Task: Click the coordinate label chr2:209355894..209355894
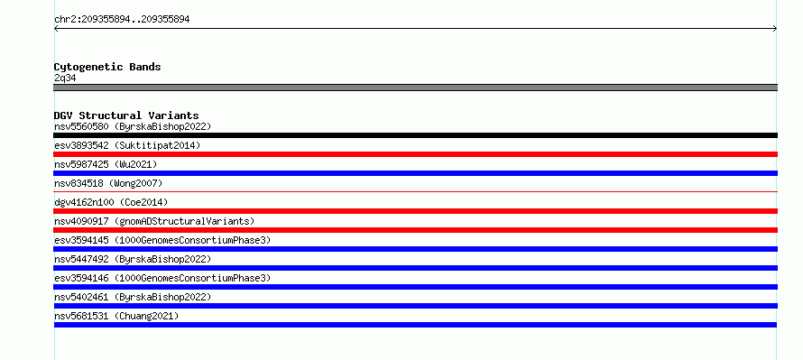click(122, 20)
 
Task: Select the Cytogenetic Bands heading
click(107, 67)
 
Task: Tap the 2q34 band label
click(66, 78)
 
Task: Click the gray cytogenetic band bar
click(415, 88)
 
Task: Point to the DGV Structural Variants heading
click(126, 115)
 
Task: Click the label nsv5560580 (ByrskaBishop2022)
click(133, 126)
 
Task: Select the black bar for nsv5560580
click(415, 135)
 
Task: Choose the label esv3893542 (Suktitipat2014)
click(127, 145)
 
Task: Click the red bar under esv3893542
click(415, 154)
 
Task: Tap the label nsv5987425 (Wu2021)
click(106, 164)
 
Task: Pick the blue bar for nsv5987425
click(415, 173)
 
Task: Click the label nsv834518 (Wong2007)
click(108, 183)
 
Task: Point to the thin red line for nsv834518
click(415, 191)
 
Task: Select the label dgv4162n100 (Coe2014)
click(111, 202)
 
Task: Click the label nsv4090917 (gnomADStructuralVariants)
click(154, 221)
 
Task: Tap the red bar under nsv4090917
click(415, 230)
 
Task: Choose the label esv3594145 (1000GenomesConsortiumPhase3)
click(162, 240)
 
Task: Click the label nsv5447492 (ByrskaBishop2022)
click(133, 259)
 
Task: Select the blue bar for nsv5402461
click(415, 306)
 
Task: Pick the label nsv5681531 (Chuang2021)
click(116, 316)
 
